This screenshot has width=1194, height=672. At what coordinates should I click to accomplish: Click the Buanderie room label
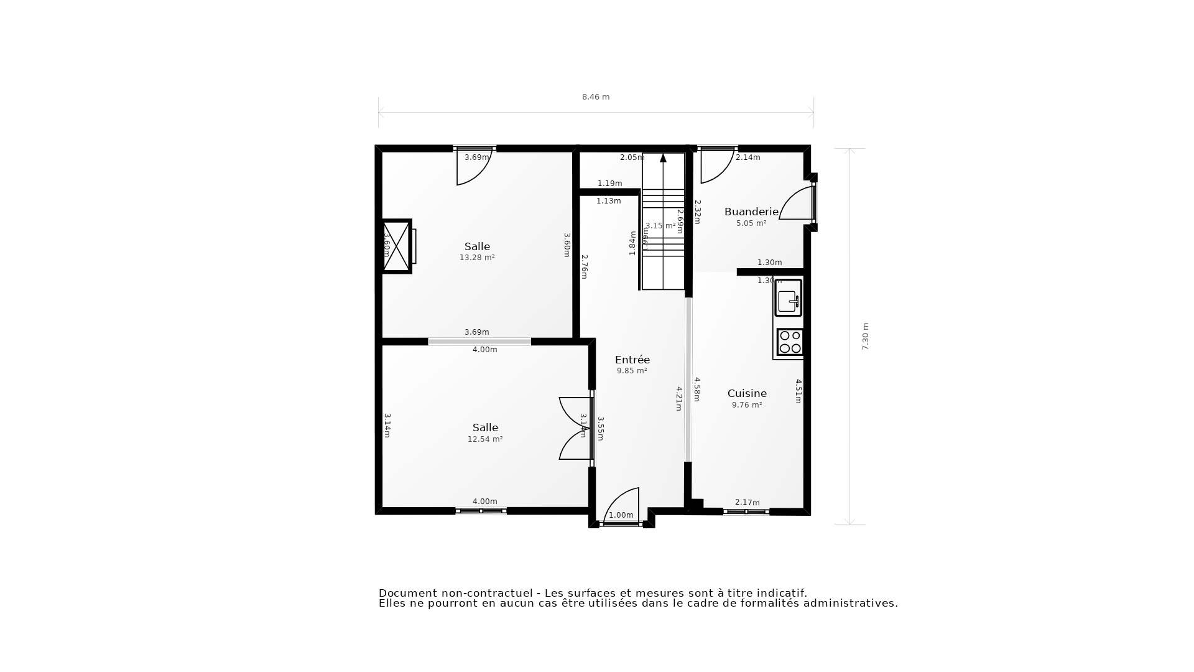(x=751, y=212)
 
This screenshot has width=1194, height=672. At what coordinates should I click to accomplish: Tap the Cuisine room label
(x=747, y=393)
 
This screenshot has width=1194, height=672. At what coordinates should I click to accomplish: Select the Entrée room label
(x=632, y=360)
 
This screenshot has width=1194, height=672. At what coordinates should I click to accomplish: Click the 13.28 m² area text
(x=477, y=258)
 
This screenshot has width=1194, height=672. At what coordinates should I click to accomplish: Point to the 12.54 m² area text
(x=485, y=439)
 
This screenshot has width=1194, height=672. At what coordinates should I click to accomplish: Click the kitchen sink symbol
(x=788, y=298)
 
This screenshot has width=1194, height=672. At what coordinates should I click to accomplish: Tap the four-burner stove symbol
(x=790, y=342)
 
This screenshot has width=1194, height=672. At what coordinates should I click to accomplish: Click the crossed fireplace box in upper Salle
(x=396, y=246)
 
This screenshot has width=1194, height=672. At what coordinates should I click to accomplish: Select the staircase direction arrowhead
(x=663, y=158)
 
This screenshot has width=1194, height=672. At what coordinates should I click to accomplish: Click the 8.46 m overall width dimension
(x=595, y=97)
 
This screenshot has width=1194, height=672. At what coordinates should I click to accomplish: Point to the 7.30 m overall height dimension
(x=865, y=336)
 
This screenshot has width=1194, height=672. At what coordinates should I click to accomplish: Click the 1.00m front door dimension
(x=621, y=515)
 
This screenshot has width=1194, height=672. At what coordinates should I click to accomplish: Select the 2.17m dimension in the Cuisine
(x=747, y=503)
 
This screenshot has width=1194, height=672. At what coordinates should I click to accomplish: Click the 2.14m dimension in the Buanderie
(x=747, y=158)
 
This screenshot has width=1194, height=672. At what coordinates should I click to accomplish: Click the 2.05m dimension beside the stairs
(x=632, y=158)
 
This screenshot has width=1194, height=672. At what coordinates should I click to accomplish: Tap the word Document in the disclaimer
(x=405, y=594)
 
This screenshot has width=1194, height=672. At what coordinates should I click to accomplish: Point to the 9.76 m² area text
(x=747, y=405)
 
